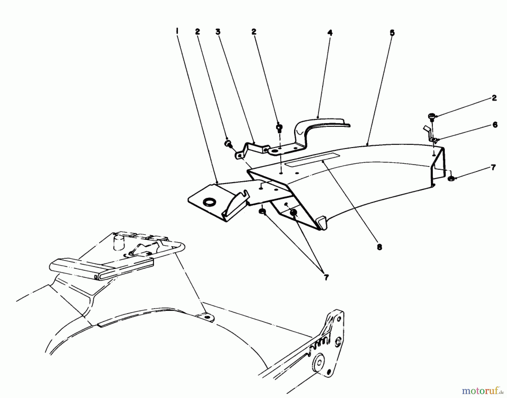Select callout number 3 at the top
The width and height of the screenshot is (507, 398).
tap(218, 32)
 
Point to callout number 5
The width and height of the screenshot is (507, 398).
tap(392, 33)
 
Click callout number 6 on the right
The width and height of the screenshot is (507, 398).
tap(495, 125)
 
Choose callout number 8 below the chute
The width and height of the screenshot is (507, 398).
tap(379, 247)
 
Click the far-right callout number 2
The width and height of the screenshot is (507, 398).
tap(494, 98)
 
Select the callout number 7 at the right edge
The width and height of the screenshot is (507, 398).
tap(493, 168)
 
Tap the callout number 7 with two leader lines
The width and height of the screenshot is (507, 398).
tap(326, 277)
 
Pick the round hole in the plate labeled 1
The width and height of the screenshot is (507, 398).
tap(209, 202)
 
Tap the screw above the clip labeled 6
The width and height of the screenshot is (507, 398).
tap(431, 116)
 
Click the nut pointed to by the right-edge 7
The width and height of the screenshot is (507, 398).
tap(451, 178)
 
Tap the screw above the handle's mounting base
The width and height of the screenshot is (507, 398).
tap(279, 128)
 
